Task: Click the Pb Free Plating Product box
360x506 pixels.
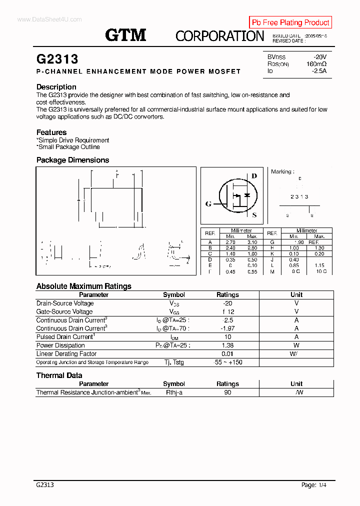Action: click(x=290, y=22)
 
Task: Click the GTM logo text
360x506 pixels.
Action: click(x=125, y=35)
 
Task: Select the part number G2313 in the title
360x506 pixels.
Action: click(x=57, y=59)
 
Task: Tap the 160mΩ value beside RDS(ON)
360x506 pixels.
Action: click(x=316, y=64)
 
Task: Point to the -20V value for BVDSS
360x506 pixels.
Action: click(x=319, y=57)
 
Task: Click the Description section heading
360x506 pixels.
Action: click(x=56, y=87)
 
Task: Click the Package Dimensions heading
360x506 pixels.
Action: click(x=72, y=160)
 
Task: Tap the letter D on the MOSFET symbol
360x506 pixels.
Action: click(x=254, y=176)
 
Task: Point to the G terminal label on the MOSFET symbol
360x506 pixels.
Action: click(x=208, y=204)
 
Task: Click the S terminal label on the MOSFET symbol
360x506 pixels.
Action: click(x=254, y=215)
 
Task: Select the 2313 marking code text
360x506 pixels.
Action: click(x=299, y=197)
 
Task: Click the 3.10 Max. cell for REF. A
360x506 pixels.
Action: click(x=252, y=241)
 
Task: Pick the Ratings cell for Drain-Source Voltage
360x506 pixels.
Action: click(x=227, y=303)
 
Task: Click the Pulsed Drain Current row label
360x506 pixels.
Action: click(x=65, y=337)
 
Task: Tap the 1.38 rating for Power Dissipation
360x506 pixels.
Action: click(x=227, y=345)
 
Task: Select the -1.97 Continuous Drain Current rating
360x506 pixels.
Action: click(x=227, y=328)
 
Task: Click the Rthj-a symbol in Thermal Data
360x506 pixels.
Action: click(x=174, y=392)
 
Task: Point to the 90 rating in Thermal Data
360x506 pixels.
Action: click(x=227, y=392)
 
